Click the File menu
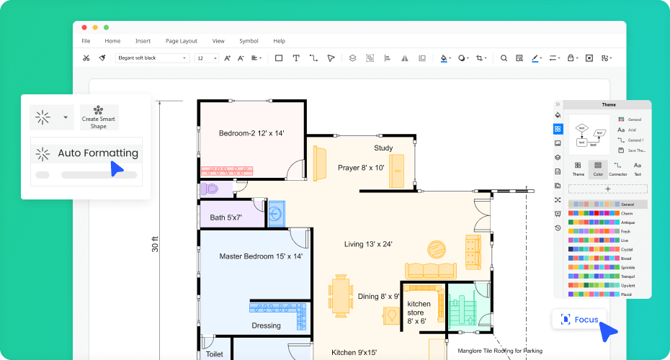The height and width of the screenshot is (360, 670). (86, 41)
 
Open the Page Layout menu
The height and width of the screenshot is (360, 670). (181, 41)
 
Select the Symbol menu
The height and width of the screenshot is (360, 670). (249, 41)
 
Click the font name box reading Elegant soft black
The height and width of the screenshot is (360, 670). (152, 58)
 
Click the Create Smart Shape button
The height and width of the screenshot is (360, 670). (99, 117)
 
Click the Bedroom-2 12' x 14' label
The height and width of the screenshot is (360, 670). (251, 133)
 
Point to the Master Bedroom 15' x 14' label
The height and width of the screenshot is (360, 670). (261, 256)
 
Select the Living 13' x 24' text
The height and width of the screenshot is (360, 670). (368, 244)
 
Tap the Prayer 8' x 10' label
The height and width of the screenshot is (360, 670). (361, 168)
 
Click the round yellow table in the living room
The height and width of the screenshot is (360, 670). (437, 249)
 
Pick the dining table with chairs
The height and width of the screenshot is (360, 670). (341, 295)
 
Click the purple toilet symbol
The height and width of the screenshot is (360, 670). (210, 189)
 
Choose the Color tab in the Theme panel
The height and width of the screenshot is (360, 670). (597, 168)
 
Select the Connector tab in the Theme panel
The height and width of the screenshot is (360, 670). (617, 168)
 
